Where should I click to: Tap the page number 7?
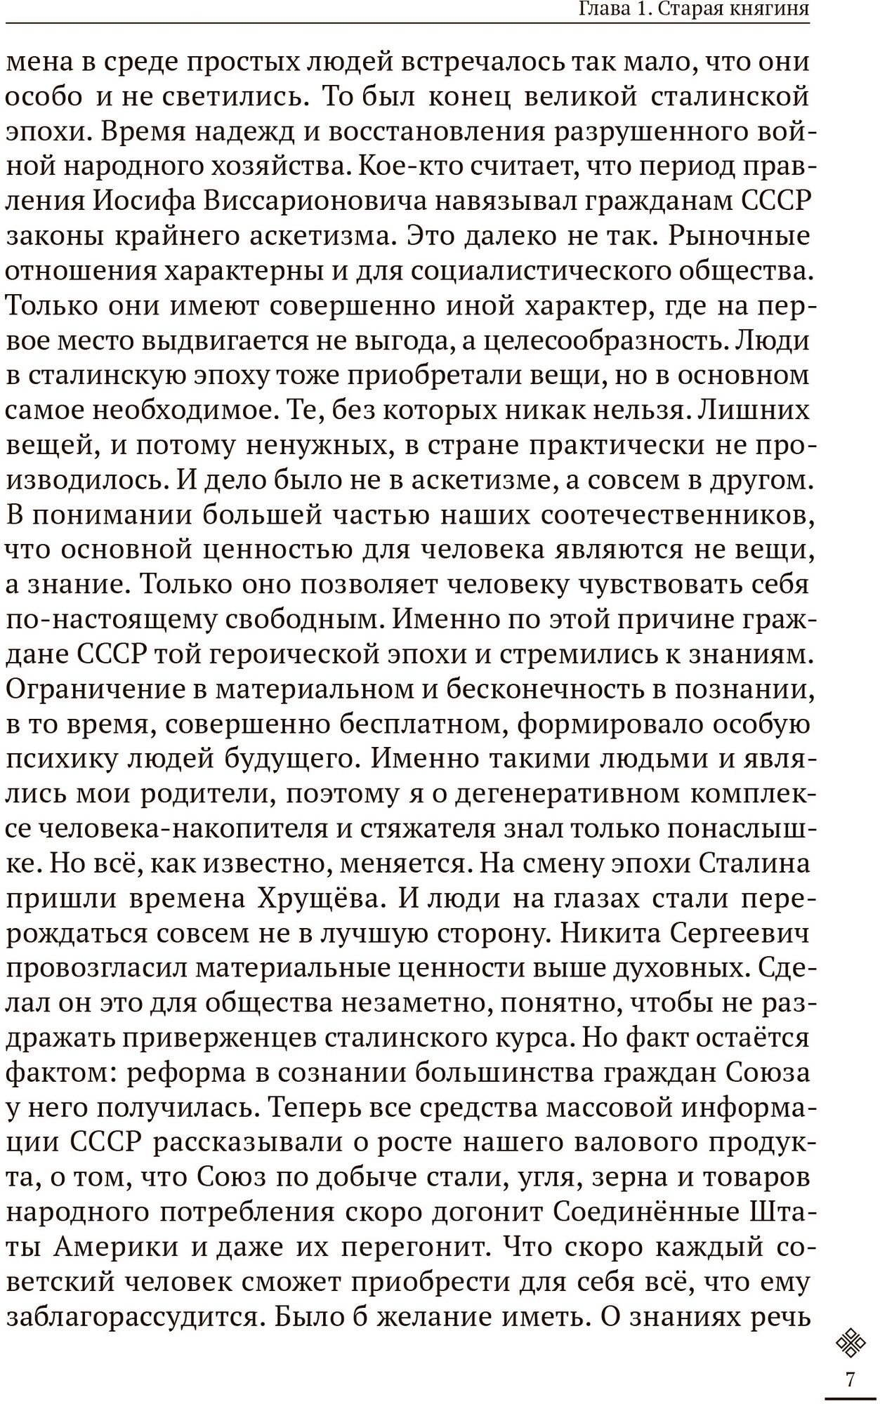coord(851,1379)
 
